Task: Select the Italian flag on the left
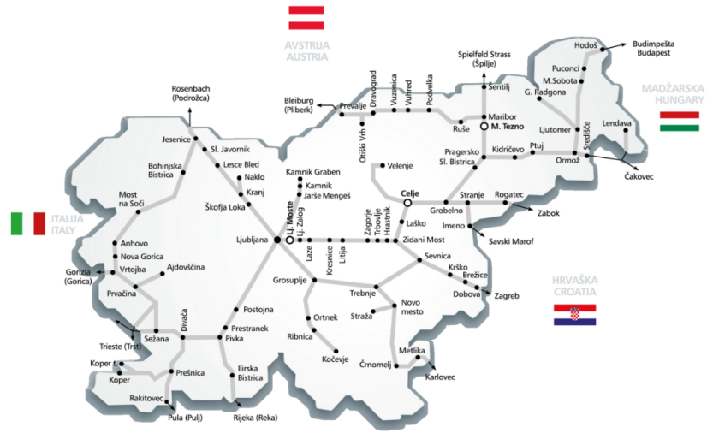point(27,223)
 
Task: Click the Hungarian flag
point(680,120)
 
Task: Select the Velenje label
point(404,165)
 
